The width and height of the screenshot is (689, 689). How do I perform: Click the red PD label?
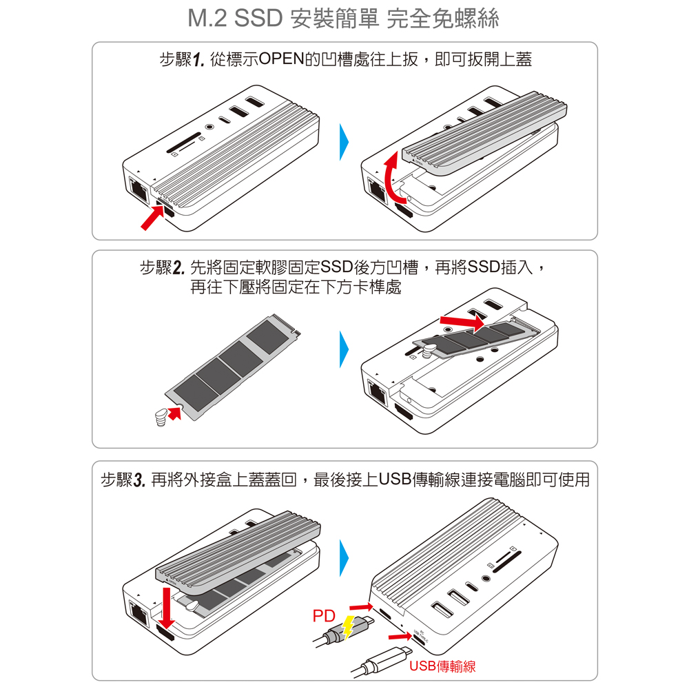click(324, 615)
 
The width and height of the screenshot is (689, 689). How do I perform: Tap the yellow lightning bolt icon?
click(347, 627)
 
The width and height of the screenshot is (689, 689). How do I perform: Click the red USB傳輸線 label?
click(442, 666)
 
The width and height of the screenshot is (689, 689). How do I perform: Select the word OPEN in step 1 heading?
click(282, 59)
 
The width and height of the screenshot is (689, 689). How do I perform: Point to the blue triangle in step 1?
click(344, 141)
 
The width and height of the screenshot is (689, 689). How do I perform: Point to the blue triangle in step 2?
click(344, 349)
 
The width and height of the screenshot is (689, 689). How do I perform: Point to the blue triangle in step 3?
click(344, 557)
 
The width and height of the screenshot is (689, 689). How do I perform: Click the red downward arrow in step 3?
click(166, 608)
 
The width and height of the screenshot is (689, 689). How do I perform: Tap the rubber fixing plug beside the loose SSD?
click(162, 418)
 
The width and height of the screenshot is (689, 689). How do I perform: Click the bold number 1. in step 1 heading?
click(199, 60)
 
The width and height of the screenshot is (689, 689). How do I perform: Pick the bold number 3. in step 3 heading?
click(139, 480)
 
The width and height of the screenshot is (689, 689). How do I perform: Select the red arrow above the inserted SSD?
click(462, 322)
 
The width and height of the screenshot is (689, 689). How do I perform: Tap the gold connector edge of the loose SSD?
click(286, 323)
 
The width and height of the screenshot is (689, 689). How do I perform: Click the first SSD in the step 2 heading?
click(337, 267)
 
